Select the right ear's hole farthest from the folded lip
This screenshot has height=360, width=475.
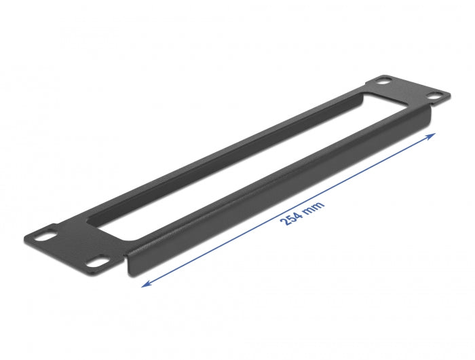(385, 82)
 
